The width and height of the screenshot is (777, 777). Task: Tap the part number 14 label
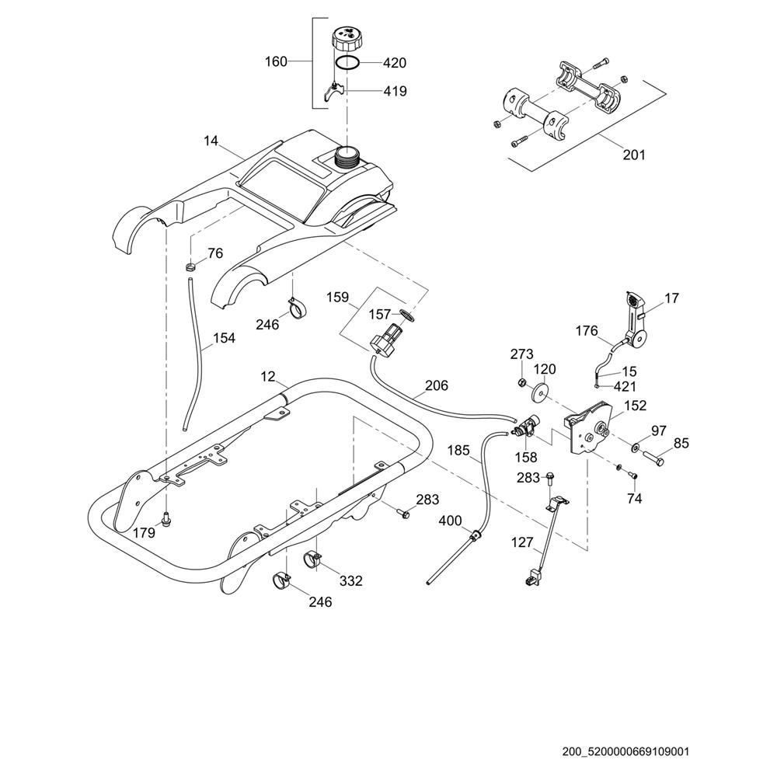211,141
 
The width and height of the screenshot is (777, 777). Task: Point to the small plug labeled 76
190,268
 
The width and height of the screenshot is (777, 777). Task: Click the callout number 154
224,338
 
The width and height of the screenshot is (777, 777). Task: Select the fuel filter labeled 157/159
385,340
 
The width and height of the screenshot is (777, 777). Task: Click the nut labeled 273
522,382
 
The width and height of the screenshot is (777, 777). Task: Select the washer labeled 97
636,448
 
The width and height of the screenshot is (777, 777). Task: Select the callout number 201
634,155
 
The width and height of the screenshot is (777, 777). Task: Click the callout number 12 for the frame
268,377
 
